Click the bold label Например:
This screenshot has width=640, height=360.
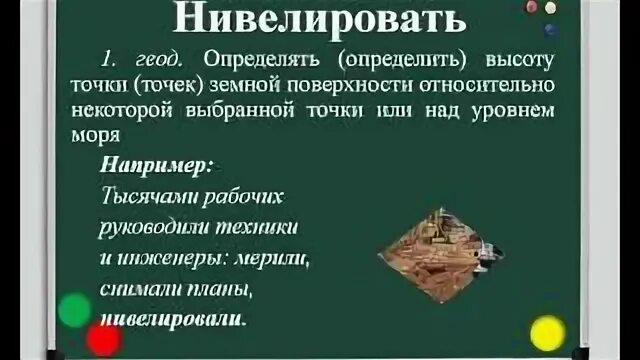159,163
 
